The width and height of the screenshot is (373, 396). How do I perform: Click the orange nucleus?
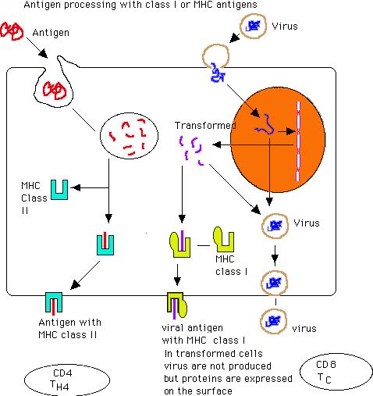(x=278, y=140)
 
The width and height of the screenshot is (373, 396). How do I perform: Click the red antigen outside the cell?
(x=12, y=31)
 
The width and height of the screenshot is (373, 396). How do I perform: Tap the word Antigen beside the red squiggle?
(x=51, y=33)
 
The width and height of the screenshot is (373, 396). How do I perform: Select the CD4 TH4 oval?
(x=67, y=380)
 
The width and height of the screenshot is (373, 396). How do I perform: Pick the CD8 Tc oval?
(x=336, y=372)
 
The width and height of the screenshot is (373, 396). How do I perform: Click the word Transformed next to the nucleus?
(x=205, y=126)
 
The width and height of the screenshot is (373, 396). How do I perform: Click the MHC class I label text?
(x=231, y=266)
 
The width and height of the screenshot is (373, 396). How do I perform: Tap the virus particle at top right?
(x=253, y=27)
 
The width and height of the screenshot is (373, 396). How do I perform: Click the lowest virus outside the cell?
(x=273, y=321)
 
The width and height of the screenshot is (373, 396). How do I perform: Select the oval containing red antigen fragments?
(x=129, y=135)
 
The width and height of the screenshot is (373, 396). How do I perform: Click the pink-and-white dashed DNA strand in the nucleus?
(x=298, y=141)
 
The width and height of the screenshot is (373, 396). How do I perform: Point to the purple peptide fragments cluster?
(x=191, y=150)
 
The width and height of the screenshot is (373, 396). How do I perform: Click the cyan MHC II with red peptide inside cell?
(x=105, y=244)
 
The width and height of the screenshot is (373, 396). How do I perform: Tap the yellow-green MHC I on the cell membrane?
(x=177, y=305)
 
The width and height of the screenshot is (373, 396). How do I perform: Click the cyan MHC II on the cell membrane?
(x=54, y=303)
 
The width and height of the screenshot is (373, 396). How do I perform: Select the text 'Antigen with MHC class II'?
(x=69, y=329)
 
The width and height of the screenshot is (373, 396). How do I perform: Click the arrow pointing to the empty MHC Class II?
(x=90, y=187)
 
